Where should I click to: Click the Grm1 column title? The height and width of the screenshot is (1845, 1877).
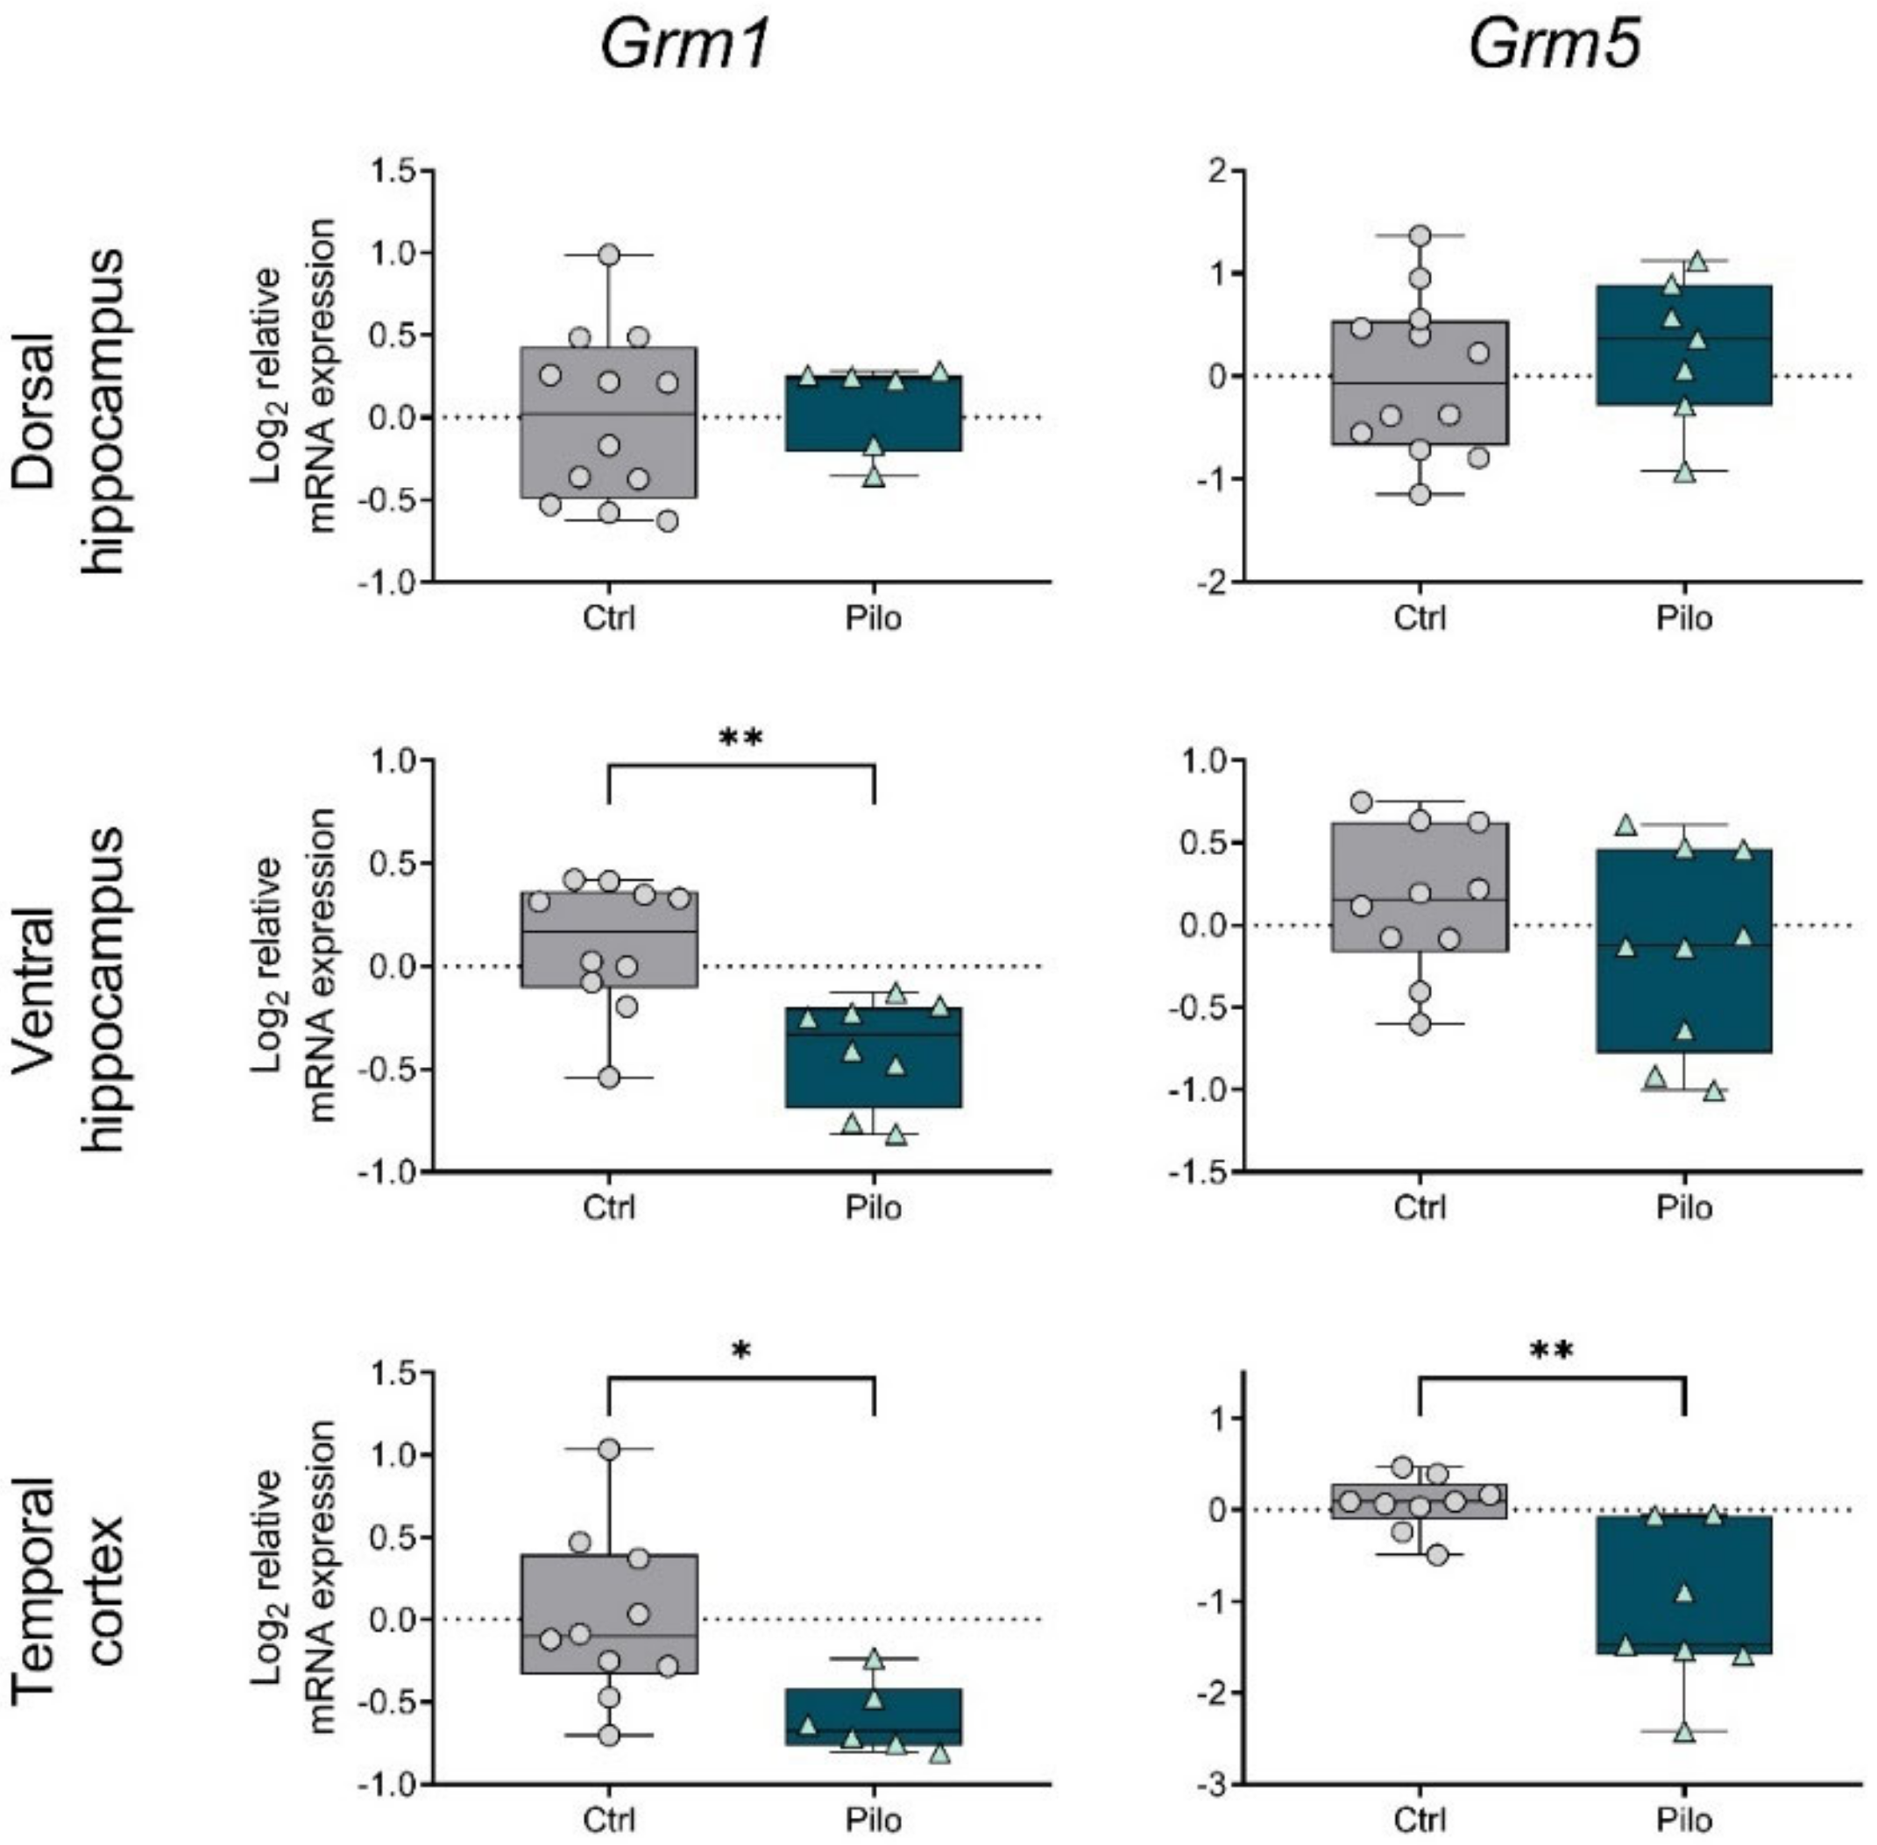pos(684,46)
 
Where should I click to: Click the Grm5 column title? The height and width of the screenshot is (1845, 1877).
pos(1554,46)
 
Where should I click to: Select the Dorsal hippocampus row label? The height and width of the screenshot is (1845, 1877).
pos(70,411)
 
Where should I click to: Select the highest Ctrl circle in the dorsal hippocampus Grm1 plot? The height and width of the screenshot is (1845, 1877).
pos(608,255)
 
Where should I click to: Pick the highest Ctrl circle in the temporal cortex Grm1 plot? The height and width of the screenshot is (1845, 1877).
pos(608,1449)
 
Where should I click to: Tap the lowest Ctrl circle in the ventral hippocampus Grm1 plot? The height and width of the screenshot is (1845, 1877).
pos(608,1078)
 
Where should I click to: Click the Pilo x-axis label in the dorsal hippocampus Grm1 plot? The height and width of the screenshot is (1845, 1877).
pos(873,619)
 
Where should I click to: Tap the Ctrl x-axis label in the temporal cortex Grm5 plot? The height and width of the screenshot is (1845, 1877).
pos(1419,1819)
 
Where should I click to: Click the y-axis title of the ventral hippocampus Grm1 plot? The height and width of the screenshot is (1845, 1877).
pos(293,965)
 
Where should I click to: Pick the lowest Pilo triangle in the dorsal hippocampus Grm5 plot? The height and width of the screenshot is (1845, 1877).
pos(1684,473)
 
